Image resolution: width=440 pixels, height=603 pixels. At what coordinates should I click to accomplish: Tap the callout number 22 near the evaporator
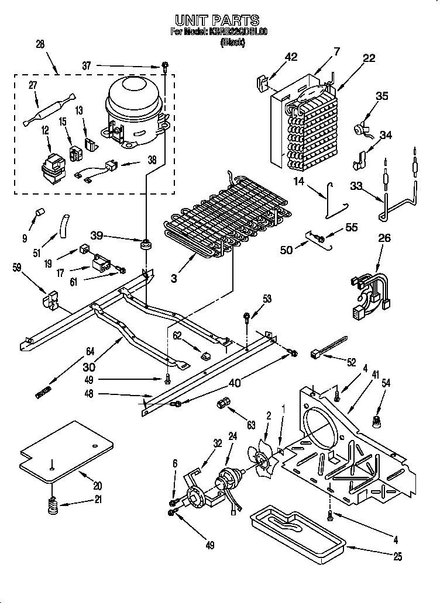(x=369, y=58)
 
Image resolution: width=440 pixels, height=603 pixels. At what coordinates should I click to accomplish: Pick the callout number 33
(x=356, y=186)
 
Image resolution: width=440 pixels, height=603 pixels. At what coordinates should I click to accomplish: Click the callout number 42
(x=291, y=57)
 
